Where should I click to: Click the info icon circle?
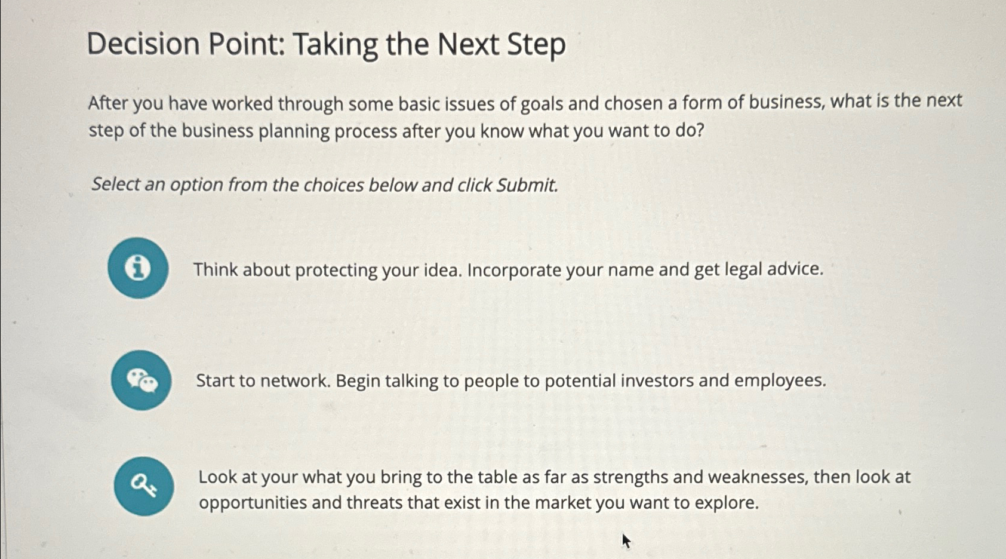pyautogui.click(x=138, y=268)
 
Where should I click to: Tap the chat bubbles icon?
pyautogui.click(x=141, y=380)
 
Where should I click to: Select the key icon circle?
pyautogui.click(x=144, y=486)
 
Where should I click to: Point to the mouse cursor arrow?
pyautogui.click(x=626, y=541)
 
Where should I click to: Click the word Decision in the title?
pyautogui.click(x=143, y=44)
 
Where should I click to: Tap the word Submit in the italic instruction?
pyautogui.click(x=527, y=185)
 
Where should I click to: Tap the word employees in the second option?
pyautogui.click(x=780, y=381)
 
